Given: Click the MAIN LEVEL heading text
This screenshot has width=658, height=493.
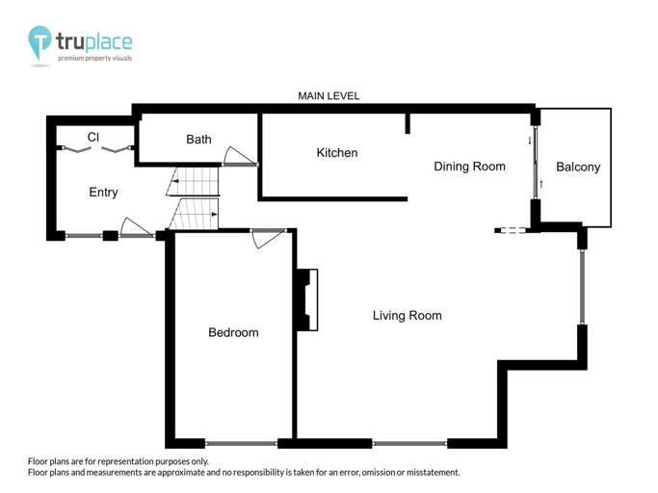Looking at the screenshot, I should coord(329,96).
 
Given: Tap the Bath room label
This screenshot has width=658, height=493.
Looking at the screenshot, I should coord(198,140).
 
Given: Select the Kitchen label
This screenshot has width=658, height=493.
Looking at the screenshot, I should coord(337,153).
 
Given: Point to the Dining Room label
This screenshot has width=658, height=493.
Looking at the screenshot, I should coord(469,167).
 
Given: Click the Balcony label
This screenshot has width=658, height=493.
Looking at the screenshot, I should coord(578,167).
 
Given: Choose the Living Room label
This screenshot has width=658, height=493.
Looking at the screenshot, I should coord(407,316).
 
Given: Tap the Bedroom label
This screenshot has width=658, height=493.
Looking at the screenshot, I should coord(233,333).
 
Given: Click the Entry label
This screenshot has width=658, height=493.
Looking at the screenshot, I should coord(103,193).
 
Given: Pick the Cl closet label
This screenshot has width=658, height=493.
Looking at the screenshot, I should coord(93,138).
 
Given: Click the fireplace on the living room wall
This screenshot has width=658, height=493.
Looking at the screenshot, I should coord(307,300).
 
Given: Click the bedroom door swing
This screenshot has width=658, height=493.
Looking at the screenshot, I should coord(268,238).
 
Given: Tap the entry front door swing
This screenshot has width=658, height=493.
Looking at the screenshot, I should coord(136,228).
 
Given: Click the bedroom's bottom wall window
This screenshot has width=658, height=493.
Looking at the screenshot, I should coord(241,444).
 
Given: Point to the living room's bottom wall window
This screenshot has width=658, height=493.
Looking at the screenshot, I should coord(409,444).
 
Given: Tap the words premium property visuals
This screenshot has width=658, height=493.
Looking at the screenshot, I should coord(94,58).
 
